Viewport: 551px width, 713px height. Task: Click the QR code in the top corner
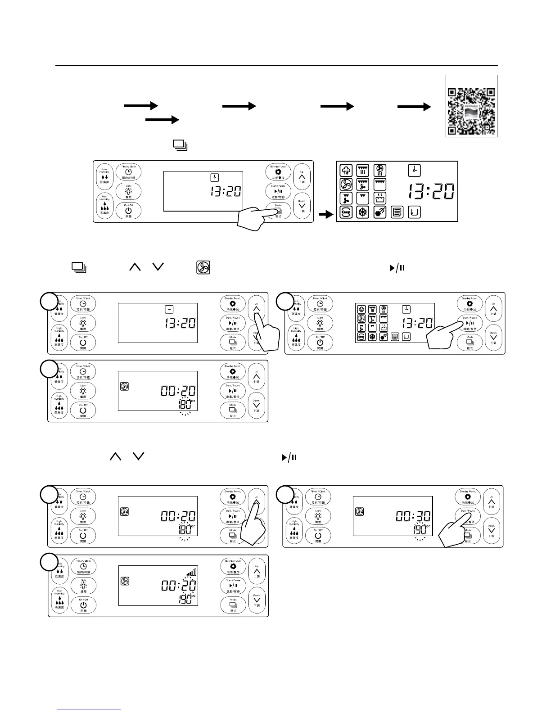coord(471,106)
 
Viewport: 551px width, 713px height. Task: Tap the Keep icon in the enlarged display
coord(346,212)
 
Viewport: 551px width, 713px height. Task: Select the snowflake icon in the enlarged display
coord(363,212)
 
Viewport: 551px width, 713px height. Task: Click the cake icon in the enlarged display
coord(380,198)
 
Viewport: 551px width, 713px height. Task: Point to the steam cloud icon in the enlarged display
coord(346,171)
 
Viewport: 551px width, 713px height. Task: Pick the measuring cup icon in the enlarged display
coord(415,212)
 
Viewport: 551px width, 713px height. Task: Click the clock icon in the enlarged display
coord(414,170)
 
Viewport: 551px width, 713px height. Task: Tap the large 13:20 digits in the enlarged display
coord(431,192)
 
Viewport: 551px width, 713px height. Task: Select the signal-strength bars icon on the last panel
coord(192,573)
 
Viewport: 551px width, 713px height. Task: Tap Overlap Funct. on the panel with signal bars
coord(233,566)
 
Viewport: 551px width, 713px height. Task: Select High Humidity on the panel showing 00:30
coord(294,529)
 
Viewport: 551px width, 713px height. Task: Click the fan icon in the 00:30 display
coord(359,511)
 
